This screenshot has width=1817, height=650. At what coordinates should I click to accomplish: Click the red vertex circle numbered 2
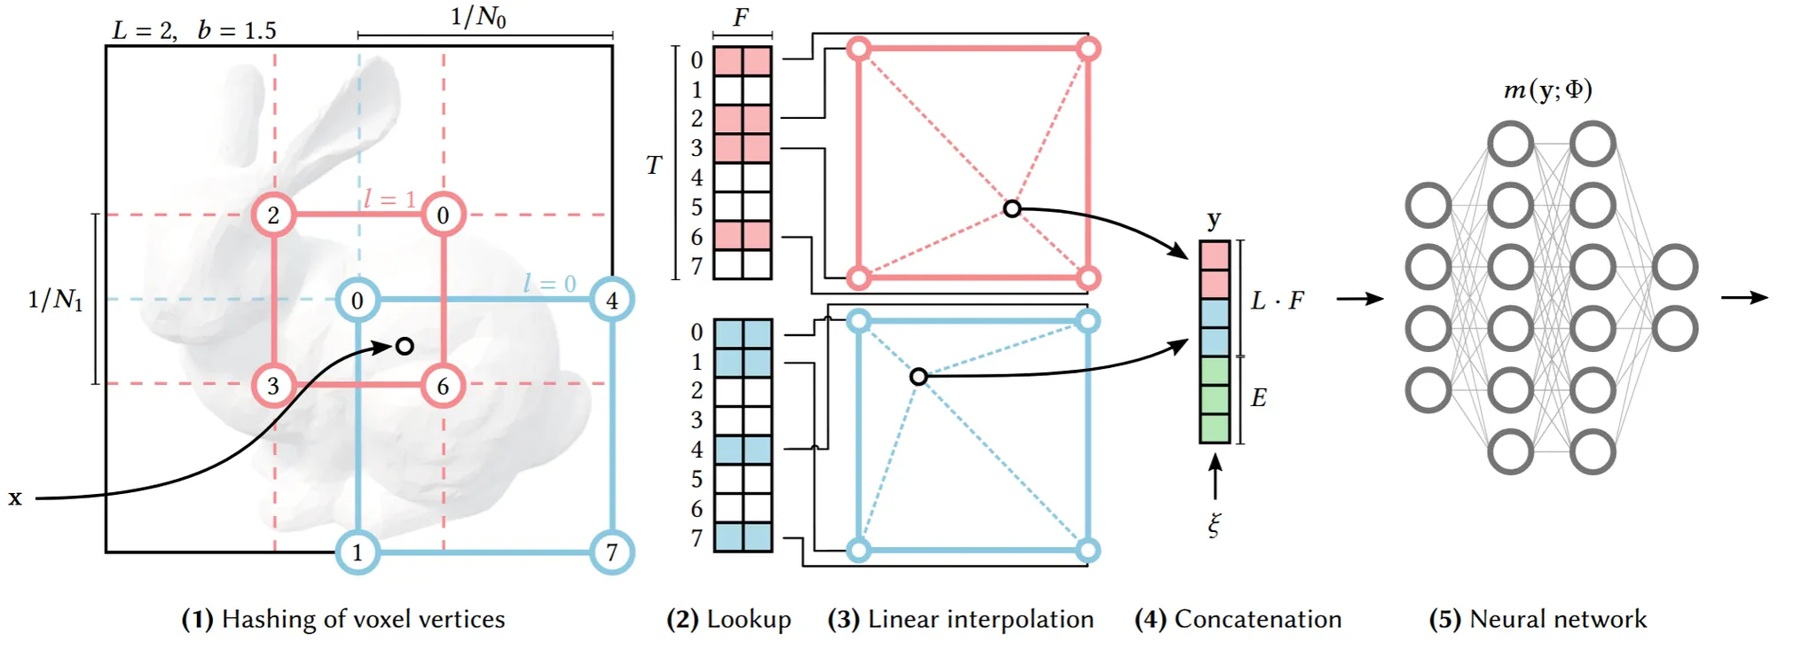tap(273, 215)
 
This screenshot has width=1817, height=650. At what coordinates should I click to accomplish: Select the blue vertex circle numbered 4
tap(612, 300)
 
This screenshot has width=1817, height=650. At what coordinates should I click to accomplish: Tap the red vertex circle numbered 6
tap(443, 386)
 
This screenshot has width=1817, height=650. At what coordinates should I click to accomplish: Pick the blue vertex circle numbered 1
tap(358, 552)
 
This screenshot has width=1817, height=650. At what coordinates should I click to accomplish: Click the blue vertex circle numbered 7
tap(612, 552)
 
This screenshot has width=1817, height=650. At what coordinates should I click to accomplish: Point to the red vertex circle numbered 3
tap(273, 386)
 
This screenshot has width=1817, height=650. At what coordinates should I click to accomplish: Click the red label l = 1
tap(389, 199)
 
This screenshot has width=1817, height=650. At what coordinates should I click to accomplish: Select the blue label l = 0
tap(549, 284)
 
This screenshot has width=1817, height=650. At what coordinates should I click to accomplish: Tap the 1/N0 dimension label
tap(478, 17)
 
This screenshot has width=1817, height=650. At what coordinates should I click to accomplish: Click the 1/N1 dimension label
tap(55, 300)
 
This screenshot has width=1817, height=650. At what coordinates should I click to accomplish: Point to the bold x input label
tap(15, 498)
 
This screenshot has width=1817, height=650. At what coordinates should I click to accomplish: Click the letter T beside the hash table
tap(654, 166)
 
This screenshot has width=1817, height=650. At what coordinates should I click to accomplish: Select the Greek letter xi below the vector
tap(1215, 524)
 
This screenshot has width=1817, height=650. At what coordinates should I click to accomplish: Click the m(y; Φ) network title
tap(1547, 90)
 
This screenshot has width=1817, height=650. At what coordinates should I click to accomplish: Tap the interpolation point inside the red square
tap(1012, 209)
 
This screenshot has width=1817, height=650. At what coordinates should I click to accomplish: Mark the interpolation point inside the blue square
tap(918, 377)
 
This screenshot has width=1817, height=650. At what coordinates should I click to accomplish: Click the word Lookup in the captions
tap(749, 619)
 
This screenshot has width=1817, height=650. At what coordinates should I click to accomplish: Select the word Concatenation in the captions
tap(1257, 619)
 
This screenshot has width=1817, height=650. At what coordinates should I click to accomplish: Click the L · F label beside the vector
tap(1277, 301)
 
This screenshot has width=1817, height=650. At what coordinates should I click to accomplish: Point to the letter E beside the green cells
tap(1258, 398)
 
